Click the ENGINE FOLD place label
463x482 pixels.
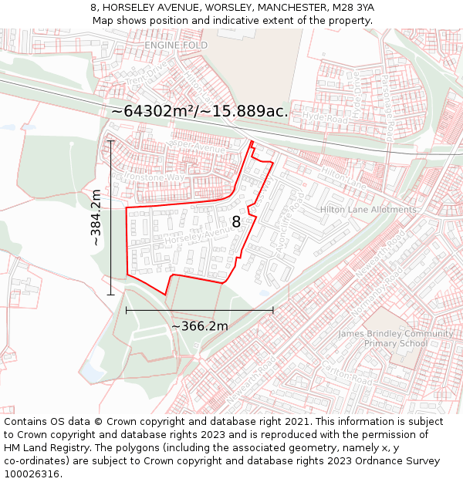pyautogui.click(x=176, y=46)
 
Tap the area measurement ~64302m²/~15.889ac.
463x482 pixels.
pyautogui.click(x=199, y=111)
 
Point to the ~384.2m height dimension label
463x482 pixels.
pyautogui.click(x=96, y=217)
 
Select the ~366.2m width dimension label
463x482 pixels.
pyautogui.click(x=199, y=325)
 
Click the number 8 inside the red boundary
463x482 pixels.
pyautogui.click(x=236, y=221)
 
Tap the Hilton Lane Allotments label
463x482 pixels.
pyautogui.click(x=368, y=210)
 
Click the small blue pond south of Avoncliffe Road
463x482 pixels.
pyautogui.click(x=265, y=292)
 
